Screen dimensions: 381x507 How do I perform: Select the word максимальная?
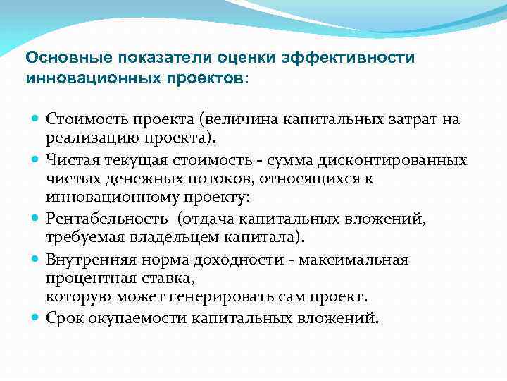click(x=353, y=260)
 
